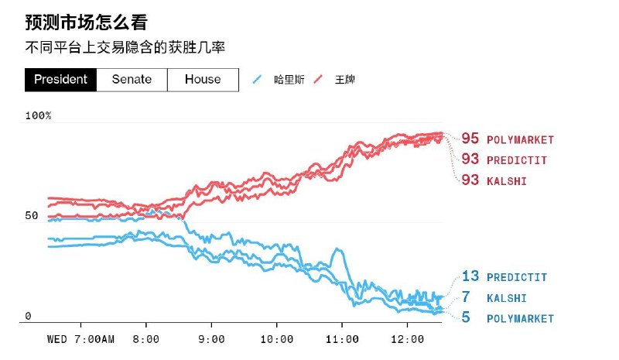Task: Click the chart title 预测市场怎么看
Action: point(86,22)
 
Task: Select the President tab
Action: point(60,79)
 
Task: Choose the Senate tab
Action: point(132,79)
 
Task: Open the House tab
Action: point(202,79)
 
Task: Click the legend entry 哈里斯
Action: point(278,80)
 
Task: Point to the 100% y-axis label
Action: point(38,115)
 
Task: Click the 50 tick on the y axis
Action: point(32,215)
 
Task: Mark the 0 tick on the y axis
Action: point(28,316)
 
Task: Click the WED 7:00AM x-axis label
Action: point(80,339)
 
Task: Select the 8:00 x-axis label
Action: point(146,339)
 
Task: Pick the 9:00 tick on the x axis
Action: point(211,339)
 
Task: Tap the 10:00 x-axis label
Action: point(277,339)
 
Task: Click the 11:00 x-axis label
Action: point(343,339)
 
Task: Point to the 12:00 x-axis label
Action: point(408,339)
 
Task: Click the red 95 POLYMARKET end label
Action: point(507,139)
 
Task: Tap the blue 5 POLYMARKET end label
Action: point(507,318)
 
